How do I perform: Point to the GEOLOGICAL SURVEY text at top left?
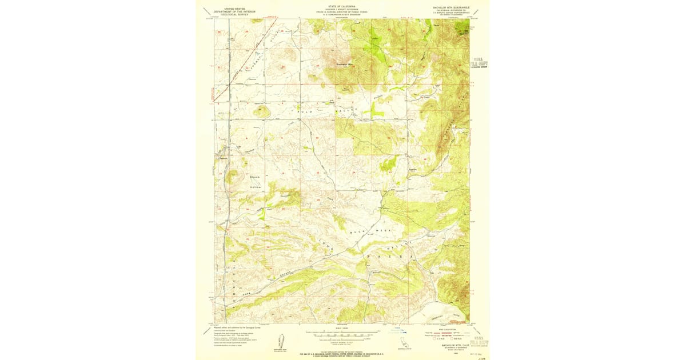[232, 15]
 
